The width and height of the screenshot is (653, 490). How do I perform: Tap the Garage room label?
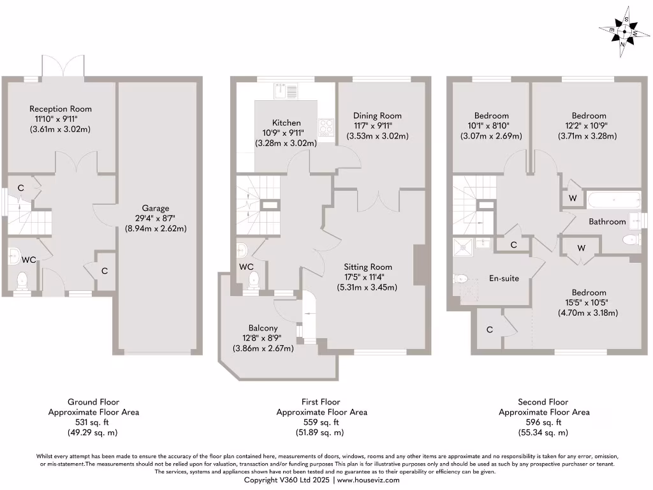click(156, 208)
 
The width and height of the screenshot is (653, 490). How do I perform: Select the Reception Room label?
click(61, 108)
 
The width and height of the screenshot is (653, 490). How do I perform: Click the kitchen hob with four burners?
click(326, 128)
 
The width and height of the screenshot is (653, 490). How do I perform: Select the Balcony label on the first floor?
click(263, 328)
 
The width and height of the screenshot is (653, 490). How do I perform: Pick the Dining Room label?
click(378, 115)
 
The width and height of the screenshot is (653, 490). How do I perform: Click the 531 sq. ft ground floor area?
click(93, 422)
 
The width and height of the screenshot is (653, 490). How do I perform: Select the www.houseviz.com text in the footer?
click(368, 480)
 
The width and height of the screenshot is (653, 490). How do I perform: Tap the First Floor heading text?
click(321, 402)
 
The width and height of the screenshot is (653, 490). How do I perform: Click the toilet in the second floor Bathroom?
click(629, 241)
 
